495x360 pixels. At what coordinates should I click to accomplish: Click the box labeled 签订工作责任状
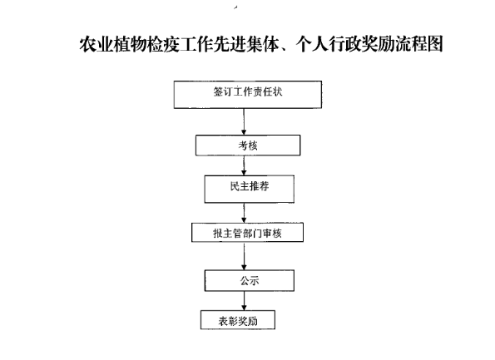coord(248,95)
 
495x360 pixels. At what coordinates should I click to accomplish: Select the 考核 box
coord(248,145)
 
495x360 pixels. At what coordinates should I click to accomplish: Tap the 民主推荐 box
coord(250,189)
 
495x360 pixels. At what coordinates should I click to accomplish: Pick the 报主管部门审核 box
coord(248,233)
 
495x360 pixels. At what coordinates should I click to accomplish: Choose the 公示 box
coord(250,280)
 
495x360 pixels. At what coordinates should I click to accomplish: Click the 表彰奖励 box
coord(238,320)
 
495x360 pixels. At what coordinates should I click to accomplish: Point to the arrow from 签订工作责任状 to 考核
coord(244,121)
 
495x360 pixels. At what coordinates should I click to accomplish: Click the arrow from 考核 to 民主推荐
coord(244,165)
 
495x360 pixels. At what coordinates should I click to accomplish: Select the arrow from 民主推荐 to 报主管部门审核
coord(244,213)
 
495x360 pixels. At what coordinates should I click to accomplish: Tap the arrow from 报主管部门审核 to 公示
coord(244,256)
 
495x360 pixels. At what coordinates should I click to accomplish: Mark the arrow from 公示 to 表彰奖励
coord(244,301)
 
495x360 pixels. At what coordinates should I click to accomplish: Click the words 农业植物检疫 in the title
coord(130,44)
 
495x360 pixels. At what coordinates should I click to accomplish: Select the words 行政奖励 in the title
coord(362,43)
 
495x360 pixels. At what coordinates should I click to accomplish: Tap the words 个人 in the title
coord(312,44)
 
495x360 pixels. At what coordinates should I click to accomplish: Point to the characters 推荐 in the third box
coord(260,186)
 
